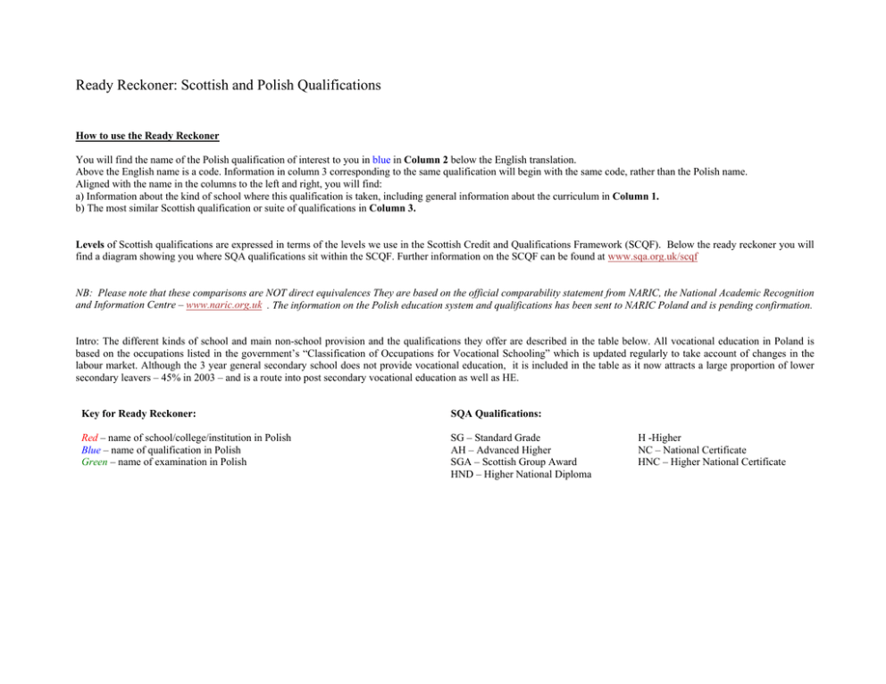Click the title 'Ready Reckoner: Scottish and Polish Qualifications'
(x=229, y=86)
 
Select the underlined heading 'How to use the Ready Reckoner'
(x=147, y=136)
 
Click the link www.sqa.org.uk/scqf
(x=652, y=256)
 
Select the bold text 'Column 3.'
(x=389, y=209)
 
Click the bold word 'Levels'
(x=92, y=244)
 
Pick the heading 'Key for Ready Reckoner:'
(x=138, y=413)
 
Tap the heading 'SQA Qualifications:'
(x=496, y=413)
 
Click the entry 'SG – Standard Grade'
(x=496, y=438)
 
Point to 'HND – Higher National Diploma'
(x=521, y=474)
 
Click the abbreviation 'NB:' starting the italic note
(x=85, y=293)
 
